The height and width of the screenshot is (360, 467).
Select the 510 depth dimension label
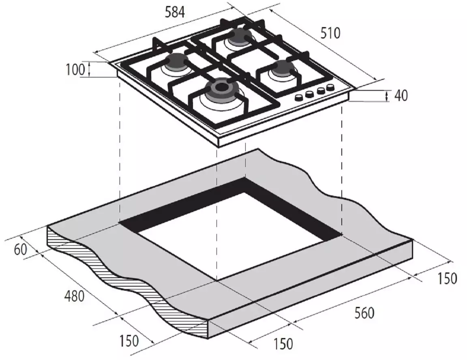[330, 33]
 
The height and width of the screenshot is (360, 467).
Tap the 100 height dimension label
[75, 70]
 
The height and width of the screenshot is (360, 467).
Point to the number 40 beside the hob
[401, 96]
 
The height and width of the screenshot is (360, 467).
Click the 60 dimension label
[21, 249]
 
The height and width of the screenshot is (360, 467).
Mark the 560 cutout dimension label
[364, 313]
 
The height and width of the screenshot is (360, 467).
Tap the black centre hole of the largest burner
[221, 87]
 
